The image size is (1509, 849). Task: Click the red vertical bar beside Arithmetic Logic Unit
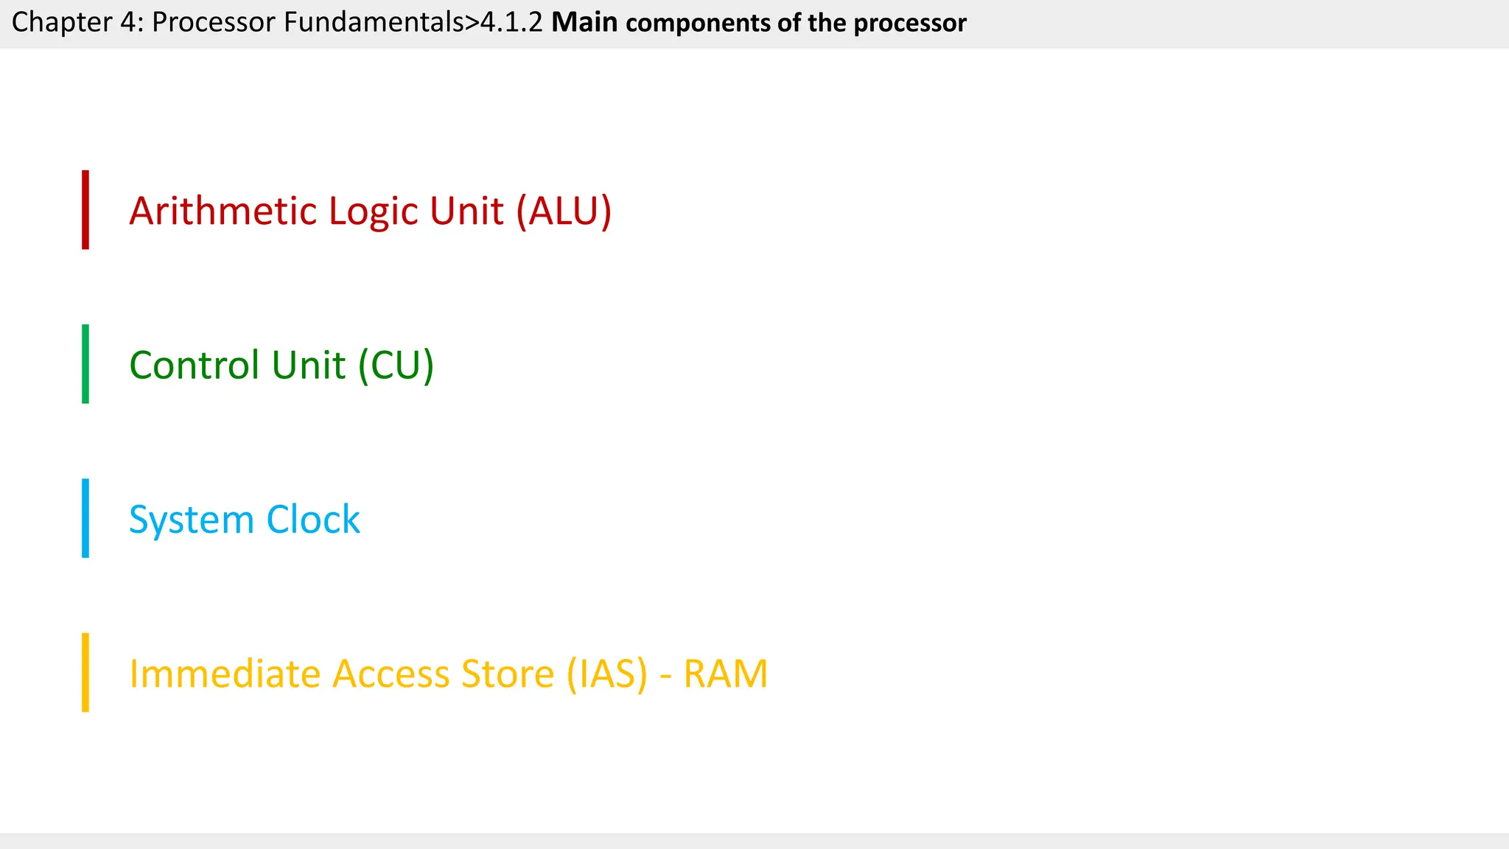85,210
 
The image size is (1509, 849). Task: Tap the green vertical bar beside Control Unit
85,364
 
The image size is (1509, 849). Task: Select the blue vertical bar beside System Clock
85,518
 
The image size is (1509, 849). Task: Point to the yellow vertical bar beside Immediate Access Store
85,672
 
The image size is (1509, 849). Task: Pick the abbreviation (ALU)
564,212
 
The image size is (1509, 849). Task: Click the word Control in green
195,366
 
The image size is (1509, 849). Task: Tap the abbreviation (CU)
396,366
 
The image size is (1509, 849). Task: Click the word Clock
313,520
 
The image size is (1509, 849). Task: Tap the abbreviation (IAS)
607,674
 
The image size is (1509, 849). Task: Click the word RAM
726,674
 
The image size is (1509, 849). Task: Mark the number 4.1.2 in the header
511,23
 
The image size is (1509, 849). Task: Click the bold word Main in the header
584,23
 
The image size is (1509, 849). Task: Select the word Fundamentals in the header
374,23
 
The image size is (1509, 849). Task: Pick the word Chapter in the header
60,23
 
